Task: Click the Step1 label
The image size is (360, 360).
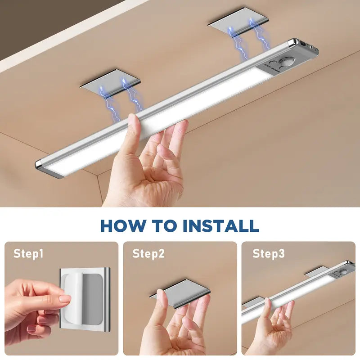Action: (x=28, y=254)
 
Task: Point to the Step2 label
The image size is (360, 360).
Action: (x=148, y=254)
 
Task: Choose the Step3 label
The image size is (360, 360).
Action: (x=268, y=254)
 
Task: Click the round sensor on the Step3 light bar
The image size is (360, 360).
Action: (x=344, y=272)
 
